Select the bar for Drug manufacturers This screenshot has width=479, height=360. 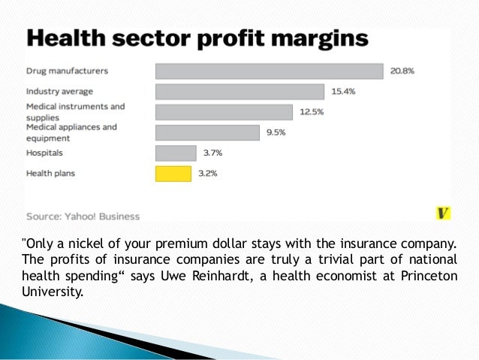(270, 71)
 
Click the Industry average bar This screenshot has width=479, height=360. (239, 92)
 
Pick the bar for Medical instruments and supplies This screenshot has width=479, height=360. (224, 112)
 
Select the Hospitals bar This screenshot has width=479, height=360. (176, 153)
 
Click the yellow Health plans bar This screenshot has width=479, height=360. (173, 174)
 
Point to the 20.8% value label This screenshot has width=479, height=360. (402, 71)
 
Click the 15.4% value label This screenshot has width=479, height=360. (342, 92)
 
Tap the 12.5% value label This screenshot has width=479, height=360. (311, 112)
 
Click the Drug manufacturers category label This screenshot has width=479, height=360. (67, 71)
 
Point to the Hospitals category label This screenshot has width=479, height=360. (44, 153)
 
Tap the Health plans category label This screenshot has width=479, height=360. (51, 174)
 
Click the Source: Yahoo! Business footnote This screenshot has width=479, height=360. (83, 216)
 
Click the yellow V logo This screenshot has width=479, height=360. (443, 213)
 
